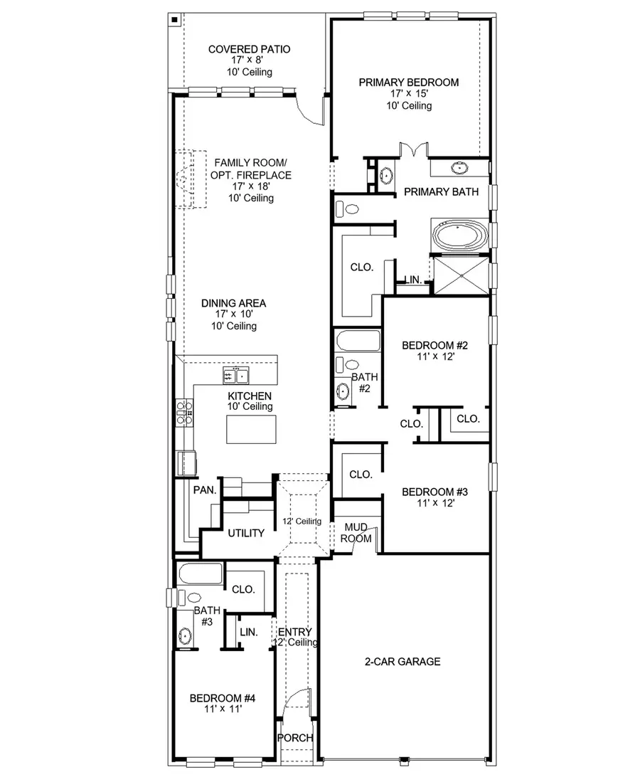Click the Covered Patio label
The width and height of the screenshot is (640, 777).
pos(249,49)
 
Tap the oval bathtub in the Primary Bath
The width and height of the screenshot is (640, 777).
pos(459,237)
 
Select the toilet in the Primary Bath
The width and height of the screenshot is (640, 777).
pos(348,209)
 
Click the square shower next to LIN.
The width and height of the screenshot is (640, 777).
pos(461,275)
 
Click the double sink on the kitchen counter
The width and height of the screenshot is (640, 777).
pos(236,375)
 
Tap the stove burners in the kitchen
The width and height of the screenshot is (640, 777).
pos(184,413)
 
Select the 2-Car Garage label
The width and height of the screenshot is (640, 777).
pos(402,662)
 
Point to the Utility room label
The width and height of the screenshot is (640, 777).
pos(246,533)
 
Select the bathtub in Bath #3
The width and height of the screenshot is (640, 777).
pos(199,574)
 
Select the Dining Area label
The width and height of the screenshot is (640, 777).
pos(233,303)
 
